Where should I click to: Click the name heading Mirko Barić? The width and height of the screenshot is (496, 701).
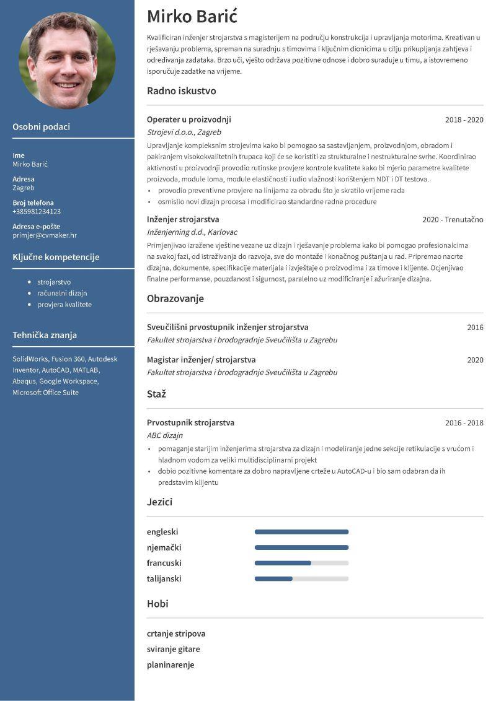tap(192, 16)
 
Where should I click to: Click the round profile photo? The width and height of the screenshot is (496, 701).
tap(67, 61)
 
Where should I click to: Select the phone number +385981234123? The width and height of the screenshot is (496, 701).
tap(37, 212)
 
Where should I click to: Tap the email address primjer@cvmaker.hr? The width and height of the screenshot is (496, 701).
tap(45, 235)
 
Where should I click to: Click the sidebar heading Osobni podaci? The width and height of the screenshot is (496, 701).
tap(41, 127)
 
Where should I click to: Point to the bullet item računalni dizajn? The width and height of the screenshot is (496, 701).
tap(62, 294)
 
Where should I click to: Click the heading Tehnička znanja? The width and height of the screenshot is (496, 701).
tap(45, 335)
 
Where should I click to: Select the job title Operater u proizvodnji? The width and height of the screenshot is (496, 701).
tap(188, 120)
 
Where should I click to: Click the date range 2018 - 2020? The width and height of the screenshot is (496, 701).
tap(464, 120)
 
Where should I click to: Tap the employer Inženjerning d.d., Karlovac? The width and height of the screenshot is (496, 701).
tap(192, 232)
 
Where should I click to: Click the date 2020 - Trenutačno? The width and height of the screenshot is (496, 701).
tap(453, 220)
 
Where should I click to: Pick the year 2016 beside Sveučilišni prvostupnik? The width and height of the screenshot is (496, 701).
tap(475, 328)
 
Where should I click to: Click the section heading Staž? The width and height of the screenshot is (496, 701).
tap(156, 394)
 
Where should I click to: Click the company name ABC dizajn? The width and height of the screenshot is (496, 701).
tap(164, 435)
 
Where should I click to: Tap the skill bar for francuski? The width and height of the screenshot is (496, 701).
tap(301, 563)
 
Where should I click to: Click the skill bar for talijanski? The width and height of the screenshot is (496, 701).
tap(301, 579)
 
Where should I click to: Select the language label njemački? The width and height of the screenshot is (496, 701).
tap(164, 547)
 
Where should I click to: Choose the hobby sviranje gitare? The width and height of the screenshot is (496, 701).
tap(173, 650)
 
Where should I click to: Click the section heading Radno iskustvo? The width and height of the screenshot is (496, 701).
tap(181, 91)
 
